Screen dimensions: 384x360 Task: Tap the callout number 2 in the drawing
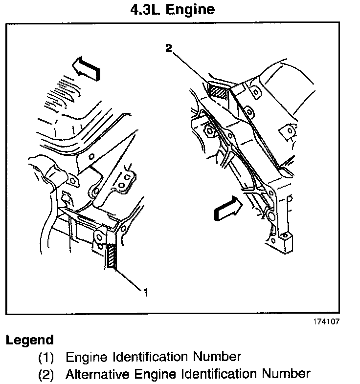point(168,47)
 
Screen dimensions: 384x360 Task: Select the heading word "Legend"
point(30,340)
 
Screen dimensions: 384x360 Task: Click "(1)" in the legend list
point(46,357)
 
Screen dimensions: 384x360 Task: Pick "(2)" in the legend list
point(46,375)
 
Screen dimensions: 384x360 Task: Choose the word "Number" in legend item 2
point(287,375)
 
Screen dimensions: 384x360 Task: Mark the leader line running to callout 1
point(128,279)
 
